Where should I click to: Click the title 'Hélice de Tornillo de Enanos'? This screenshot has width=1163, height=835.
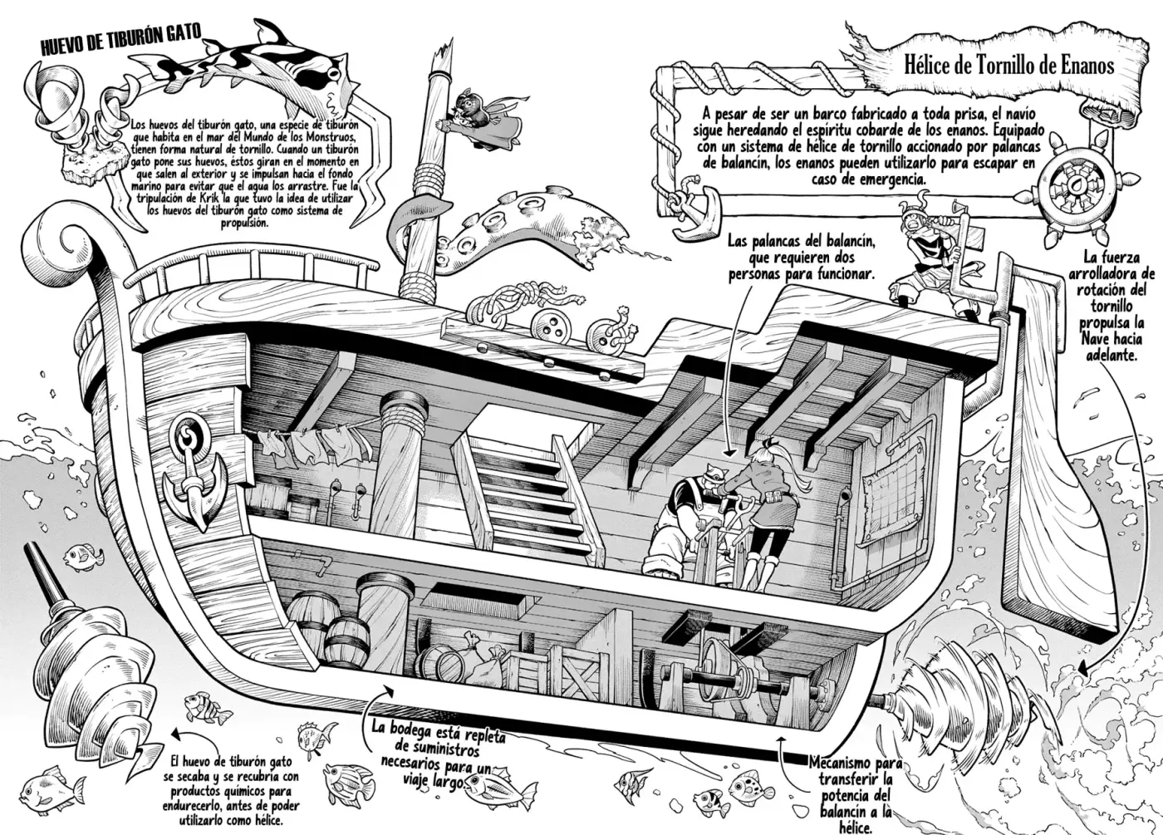pos(1008,66)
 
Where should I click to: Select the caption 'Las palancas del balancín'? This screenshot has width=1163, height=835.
pos(802,242)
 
